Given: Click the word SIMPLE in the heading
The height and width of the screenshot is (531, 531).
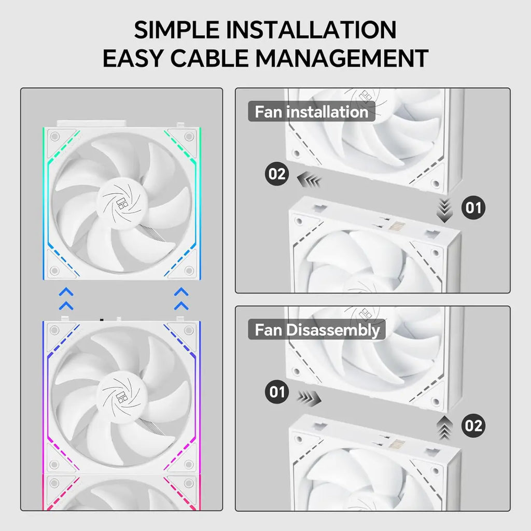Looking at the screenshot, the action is click(x=176, y=30).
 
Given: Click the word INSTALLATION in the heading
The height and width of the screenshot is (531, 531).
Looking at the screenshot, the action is click(x=311, y=30).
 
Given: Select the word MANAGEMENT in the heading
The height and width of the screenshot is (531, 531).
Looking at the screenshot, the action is click(x=342, y=58).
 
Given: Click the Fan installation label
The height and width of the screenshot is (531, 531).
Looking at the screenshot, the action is click(x=312, y=112).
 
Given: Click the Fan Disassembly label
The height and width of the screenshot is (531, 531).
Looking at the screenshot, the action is click(x=317, y=330).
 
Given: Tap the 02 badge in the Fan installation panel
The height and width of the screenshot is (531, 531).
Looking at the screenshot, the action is click(x=277, y=174).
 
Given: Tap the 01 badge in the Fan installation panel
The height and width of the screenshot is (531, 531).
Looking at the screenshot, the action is click(x=473, y=207).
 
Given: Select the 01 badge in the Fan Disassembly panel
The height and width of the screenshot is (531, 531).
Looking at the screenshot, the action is click(x=277, y=392).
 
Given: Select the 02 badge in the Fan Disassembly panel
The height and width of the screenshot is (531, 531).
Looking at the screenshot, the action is click(x=473, y=426).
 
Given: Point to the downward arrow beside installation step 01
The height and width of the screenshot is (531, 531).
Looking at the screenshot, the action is click(x=444, y=211).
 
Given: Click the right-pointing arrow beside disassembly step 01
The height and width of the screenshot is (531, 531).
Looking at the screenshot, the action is click(x=309, y=398).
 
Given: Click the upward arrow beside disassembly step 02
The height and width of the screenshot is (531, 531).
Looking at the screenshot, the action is click(x=444, y=428).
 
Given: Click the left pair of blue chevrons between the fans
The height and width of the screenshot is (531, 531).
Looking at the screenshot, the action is click(x=66, y=299).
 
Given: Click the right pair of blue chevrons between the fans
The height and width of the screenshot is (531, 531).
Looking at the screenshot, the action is click(x=181, y=299).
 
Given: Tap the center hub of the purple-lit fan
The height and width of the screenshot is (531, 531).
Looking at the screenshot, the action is click(x=122, y=396).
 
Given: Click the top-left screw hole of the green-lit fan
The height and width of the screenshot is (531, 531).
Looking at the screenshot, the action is click(x=54, y=136).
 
